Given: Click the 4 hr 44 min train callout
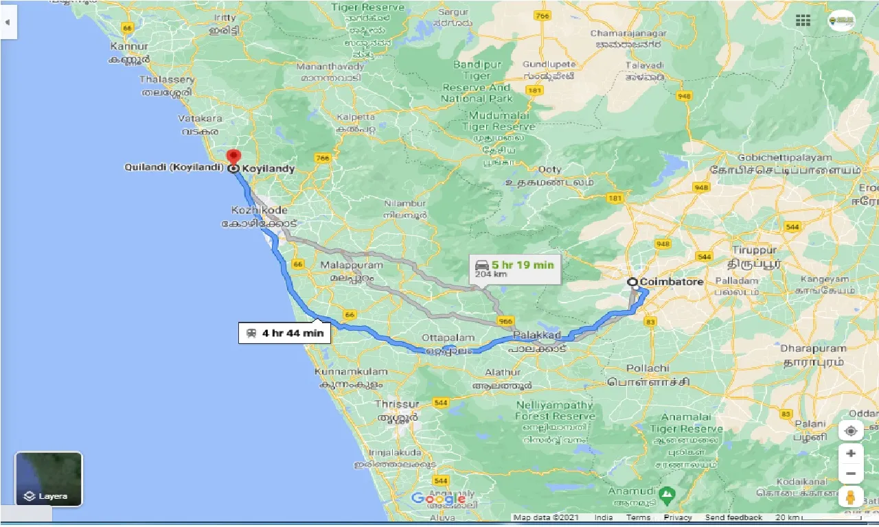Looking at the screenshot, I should (285, 333).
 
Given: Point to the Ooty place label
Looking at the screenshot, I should (550, 169).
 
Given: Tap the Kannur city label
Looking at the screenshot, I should (128, 47).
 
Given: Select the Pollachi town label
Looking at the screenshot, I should (628, 368).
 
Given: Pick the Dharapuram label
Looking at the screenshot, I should (814, 348).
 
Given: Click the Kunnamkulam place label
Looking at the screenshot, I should (350, 371).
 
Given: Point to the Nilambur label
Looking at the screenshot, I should (405, 204).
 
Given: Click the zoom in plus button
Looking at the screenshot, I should (851, 454).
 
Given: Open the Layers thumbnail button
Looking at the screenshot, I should (49, 479).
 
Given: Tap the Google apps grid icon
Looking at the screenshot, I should (803, 20).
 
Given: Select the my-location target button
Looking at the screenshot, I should (851, 431).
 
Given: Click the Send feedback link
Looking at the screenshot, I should (733, 517).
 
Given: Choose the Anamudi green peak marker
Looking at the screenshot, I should (665, 493).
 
